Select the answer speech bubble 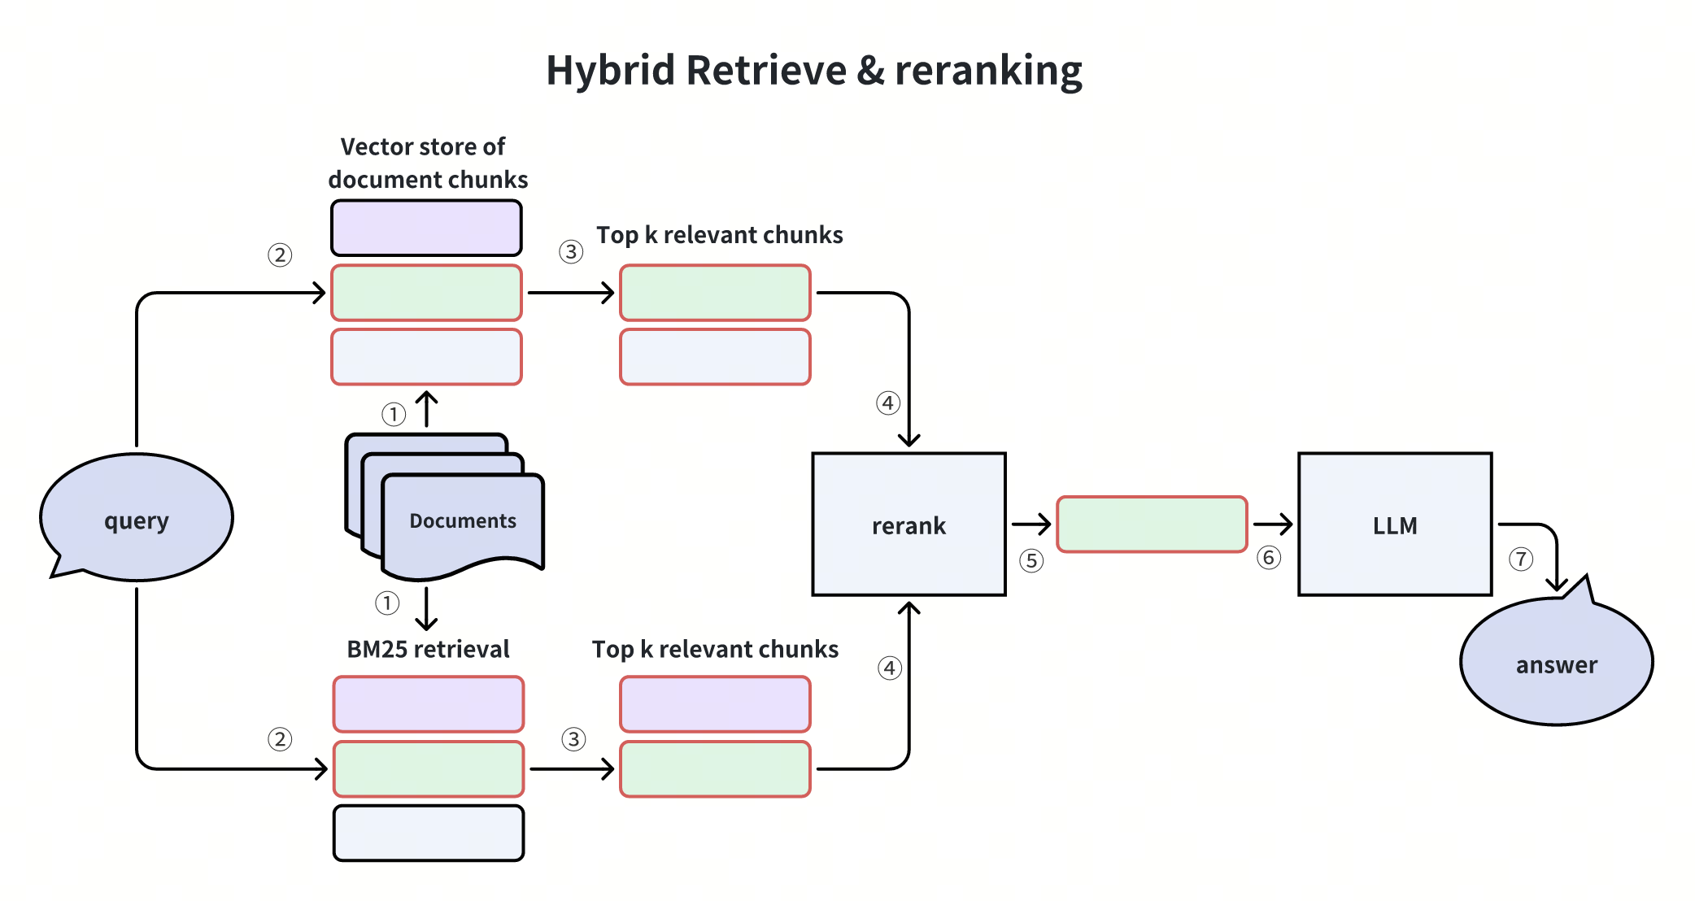pos(1556,663)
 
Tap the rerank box pos(909,524)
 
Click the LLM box pos(1394,524)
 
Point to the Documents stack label pos(462,520)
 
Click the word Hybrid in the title pos(610,70)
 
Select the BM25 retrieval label pos(428,649)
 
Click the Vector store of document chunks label pos(427,163)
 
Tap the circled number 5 pos(1031,560)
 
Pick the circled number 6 pos(1268,558)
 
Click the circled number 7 pos(1520,559)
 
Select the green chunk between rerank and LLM pos(1152,524)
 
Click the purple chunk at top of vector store pos(426,229)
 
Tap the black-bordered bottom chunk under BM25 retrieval pos(428,833)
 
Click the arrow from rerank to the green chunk pos(1031,524)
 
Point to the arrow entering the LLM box pos(1273,524)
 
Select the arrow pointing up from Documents pos(426,409)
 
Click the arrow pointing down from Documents pos(426,609)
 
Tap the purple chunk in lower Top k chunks pos(715,704)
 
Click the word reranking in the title pos(988,70)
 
